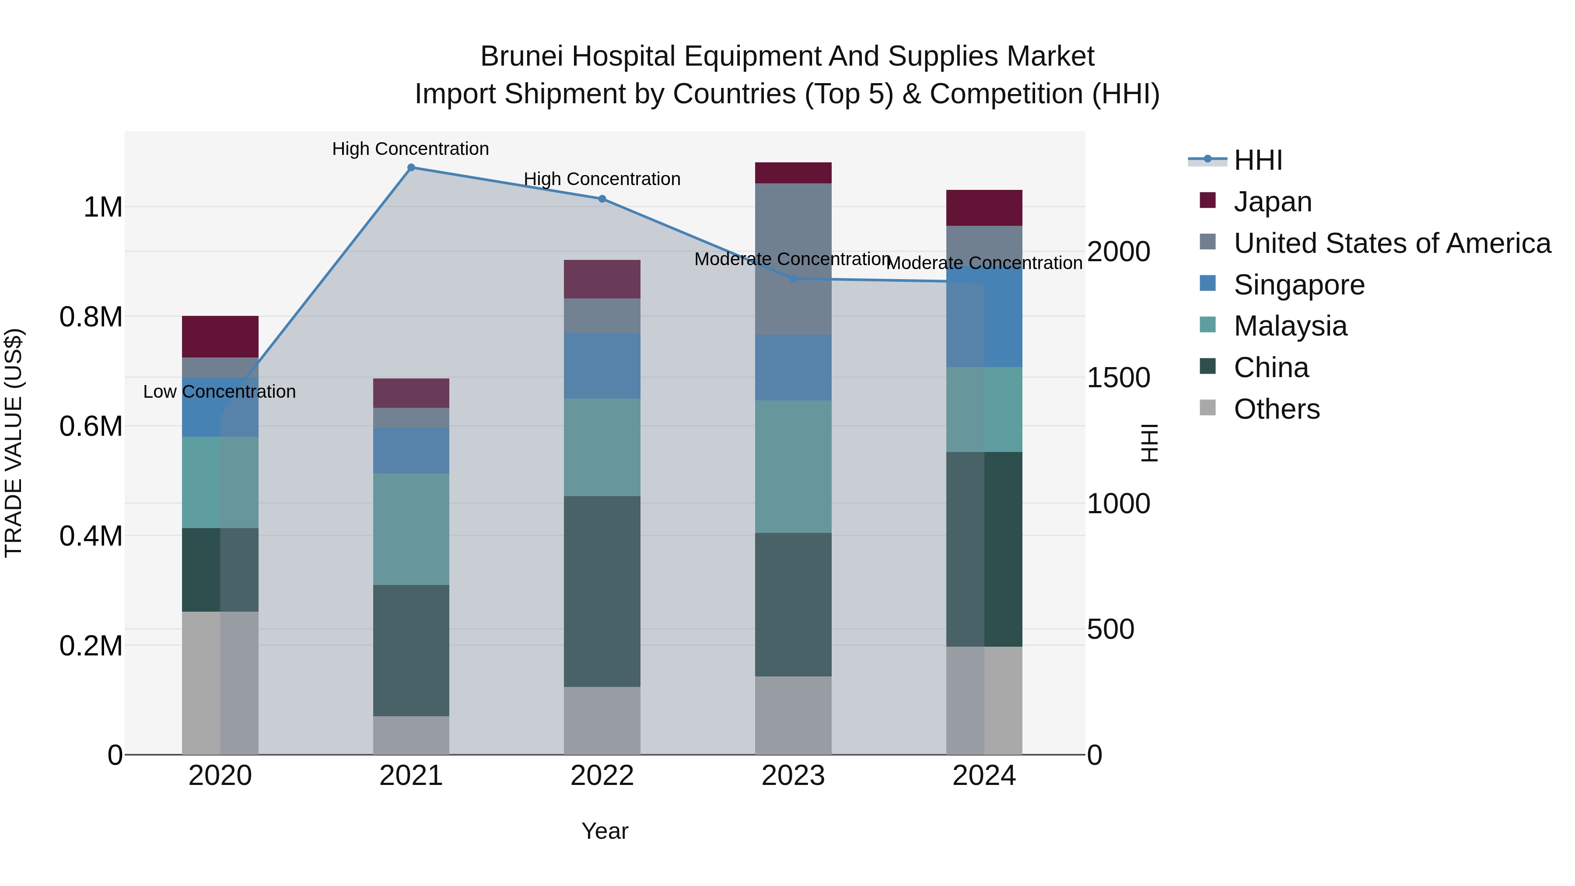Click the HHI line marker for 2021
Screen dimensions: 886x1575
tap(411, 168)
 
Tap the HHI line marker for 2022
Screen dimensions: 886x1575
tap(602, 199)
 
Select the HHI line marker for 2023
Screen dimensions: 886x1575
tap(793, 279)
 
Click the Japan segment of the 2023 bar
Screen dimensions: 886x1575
tap(793, 173)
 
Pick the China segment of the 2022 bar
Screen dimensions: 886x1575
tap(602, 591)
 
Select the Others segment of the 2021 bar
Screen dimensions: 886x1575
tap(411, 735)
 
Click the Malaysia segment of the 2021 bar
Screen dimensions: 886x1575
tap(411, 529)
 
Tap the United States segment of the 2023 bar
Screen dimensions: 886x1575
tap(793, 259)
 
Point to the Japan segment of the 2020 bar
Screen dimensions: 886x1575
tap(220, 337)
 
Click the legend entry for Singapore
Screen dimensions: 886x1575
tap(1298, 285)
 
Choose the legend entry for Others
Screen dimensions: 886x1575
tap(1276, 409)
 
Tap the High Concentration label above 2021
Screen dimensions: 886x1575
tap(410, 149)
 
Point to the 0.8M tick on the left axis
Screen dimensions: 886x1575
tap(91, 317)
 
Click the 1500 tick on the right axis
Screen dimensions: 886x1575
tap(1118, 378)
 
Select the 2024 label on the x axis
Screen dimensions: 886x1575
tap(984, 776)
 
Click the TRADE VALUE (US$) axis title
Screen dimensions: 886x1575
tap(14, 443)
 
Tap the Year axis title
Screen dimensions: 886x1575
tap(605, 831)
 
